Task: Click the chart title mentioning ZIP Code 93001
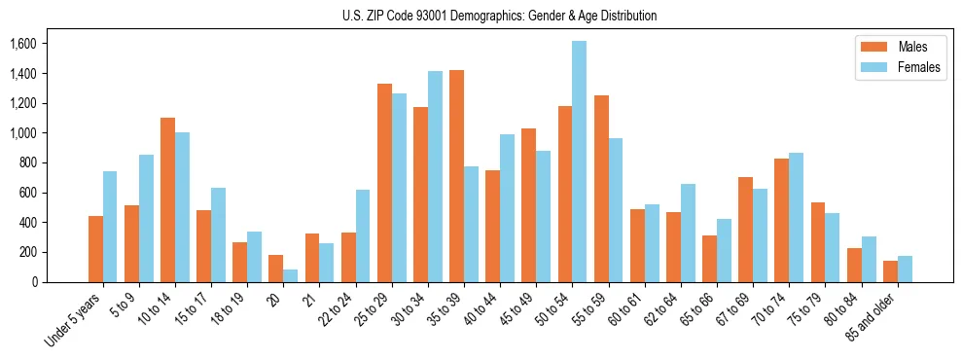click(x=499, y=16)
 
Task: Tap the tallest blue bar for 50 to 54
click(x=579, y=162)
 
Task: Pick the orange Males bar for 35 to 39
click(x=456, y=176)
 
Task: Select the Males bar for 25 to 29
click(x=384, y=183)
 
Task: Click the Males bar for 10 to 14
click(x=167, y=199)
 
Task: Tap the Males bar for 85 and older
click(x=890, y=271)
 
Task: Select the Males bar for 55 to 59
click(x=601, y=189)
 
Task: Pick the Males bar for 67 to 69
click(x=745, y=230)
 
